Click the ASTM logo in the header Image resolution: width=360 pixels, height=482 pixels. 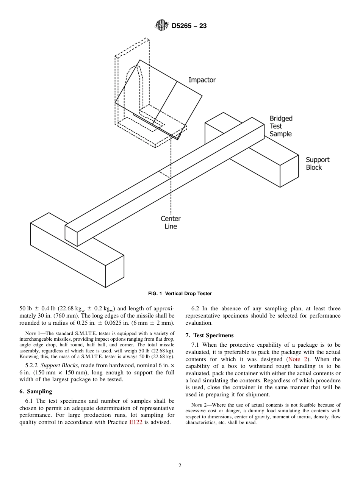tap(161, 26)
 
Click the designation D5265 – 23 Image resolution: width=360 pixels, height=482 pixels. tap(189, 26)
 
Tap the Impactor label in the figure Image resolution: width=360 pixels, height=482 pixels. tap(202, 80)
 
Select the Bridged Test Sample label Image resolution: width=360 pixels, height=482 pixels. tap(281, 126)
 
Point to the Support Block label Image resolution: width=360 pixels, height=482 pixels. tap(318, 163)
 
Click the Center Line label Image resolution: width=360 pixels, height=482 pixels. tap(171, 222)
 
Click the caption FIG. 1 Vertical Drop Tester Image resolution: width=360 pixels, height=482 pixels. tap(180, 294)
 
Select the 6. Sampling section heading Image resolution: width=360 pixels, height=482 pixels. tap(36, 391)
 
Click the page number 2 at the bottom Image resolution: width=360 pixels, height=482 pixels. tap(180, 466)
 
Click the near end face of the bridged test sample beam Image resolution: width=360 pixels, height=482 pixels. tap(71, 235)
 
